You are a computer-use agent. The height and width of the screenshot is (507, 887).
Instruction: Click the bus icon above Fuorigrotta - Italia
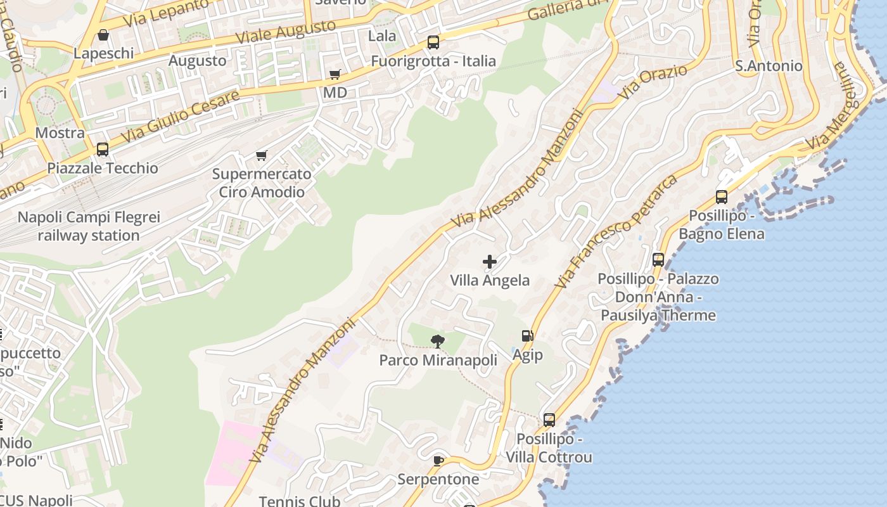tap(433, 42)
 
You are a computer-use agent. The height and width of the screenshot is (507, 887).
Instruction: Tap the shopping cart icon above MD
tap(335, 74)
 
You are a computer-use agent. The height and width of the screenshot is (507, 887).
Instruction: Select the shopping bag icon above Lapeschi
tap(103, 35)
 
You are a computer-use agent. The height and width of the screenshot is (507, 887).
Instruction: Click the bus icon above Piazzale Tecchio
tap(103, 150)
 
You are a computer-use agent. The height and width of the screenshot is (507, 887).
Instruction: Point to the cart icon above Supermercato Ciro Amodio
tap(261, 155)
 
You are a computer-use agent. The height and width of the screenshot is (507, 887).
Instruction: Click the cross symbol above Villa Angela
tap(490, 261)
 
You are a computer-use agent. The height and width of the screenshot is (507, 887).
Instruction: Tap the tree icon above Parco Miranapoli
tap(437, 342)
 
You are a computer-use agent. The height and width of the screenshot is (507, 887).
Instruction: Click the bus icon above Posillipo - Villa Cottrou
tap(549, 420)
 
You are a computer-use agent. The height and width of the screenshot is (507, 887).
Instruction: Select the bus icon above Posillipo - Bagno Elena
tap(722, 197)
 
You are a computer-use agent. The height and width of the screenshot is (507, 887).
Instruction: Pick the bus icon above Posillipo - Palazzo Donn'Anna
tap(658, 260)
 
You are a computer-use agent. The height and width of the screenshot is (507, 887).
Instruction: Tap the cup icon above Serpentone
tap(438, 461)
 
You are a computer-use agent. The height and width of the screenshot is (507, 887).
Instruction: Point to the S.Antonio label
tap(769, 66)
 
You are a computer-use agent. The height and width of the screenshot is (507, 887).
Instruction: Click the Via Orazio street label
tap(653, 82)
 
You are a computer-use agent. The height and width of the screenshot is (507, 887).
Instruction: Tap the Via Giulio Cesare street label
tap(180, 117)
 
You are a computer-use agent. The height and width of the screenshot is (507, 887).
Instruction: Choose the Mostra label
tap(60, 133)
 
